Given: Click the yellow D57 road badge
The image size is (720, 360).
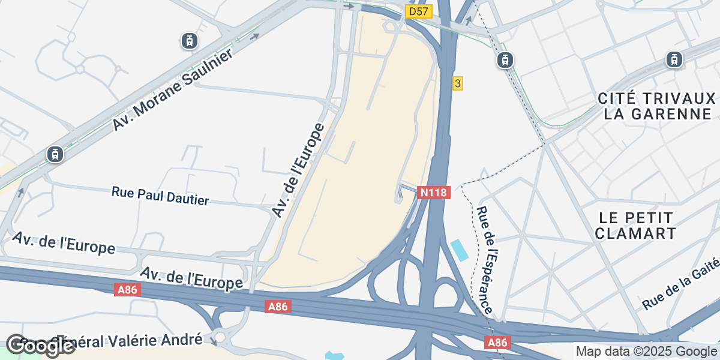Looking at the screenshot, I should click(419, 11).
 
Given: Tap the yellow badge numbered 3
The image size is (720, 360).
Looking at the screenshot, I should click(457, 83).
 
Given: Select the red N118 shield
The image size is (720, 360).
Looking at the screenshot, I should click(434, 193).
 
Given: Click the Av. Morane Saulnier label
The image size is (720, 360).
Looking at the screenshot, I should click(172, 87).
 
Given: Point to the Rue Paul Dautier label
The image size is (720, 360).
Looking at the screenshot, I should click(160, 196).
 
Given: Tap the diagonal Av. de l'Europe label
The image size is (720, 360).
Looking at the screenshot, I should click(298, 170).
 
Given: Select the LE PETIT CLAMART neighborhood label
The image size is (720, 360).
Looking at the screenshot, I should click(635, 225).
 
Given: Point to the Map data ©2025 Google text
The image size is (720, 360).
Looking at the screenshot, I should click(646, 351).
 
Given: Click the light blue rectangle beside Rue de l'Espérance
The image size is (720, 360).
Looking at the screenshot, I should click(459, 250).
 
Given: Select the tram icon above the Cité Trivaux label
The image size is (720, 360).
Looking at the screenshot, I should click(674, 59).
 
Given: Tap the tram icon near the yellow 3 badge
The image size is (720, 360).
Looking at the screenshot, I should click(505, 59).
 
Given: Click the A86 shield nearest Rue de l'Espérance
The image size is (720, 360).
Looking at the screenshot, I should click(496, 343).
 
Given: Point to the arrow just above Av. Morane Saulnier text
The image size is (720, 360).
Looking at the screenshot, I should click(255, 36).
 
